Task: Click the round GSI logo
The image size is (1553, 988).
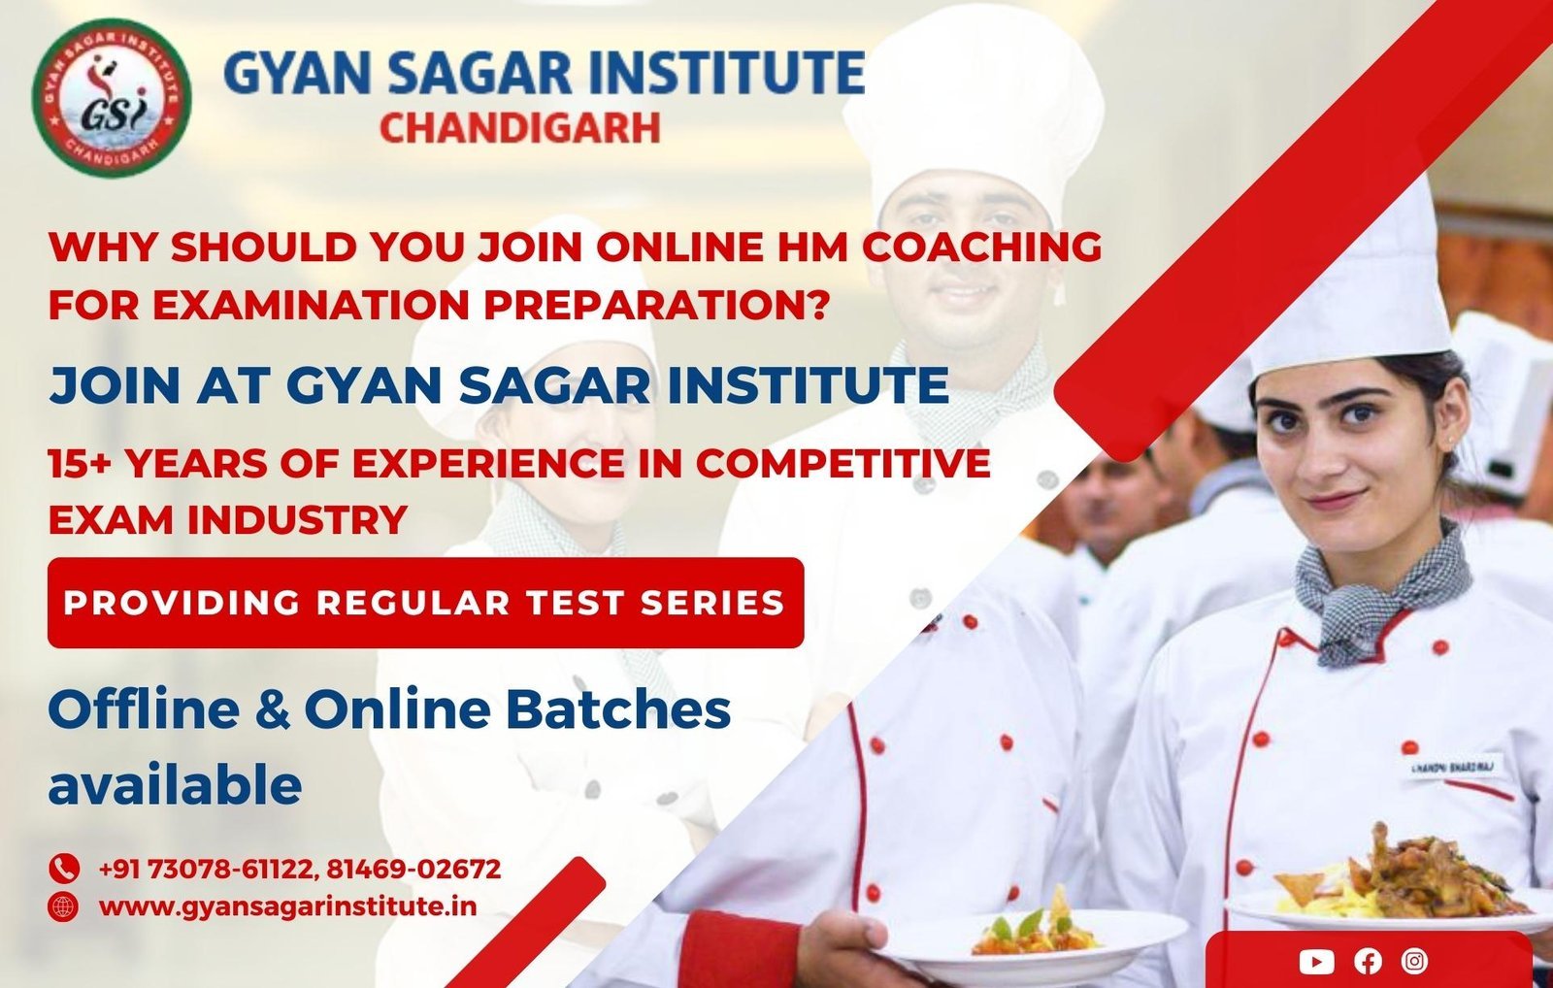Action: point(111,97)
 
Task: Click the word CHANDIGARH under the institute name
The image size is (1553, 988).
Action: point(520,128)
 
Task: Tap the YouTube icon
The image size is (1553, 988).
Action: point(1316,962)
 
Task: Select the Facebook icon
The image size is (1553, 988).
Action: point(1368,962)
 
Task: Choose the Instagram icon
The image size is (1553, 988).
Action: point(1414,961)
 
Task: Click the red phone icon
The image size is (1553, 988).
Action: point(64,868)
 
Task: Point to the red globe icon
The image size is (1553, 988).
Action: point(64,906)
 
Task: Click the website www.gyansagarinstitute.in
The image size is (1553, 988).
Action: point(287,906)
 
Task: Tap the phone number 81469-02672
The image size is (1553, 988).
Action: point(413,869)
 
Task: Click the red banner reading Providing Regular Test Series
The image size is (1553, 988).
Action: point(426,603)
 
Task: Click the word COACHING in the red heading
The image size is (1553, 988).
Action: point(981,247)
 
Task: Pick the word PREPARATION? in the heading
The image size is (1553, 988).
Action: point(656,305)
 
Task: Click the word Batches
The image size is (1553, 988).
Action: point(618,709)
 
